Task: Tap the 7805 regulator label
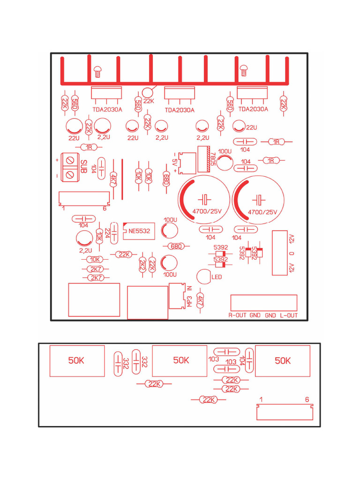tap(213, 158)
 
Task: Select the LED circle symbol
tap(204, 277)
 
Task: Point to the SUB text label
tap(83, 167)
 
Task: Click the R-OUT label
tap(238, 315)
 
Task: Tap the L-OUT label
tap(289, 315)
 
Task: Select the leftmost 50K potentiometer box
tap(77, 361)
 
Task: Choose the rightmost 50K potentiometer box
tap(283, 361)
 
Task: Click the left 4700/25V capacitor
tap(203, 199)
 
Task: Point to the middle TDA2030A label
tap(180, 111)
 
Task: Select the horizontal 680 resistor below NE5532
tap(176, 246)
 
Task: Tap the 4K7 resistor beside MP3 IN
tap(201, 301)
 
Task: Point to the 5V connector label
tap(175, 162)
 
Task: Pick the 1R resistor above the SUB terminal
tap(89, 147)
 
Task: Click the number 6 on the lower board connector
tap(307, 400)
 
